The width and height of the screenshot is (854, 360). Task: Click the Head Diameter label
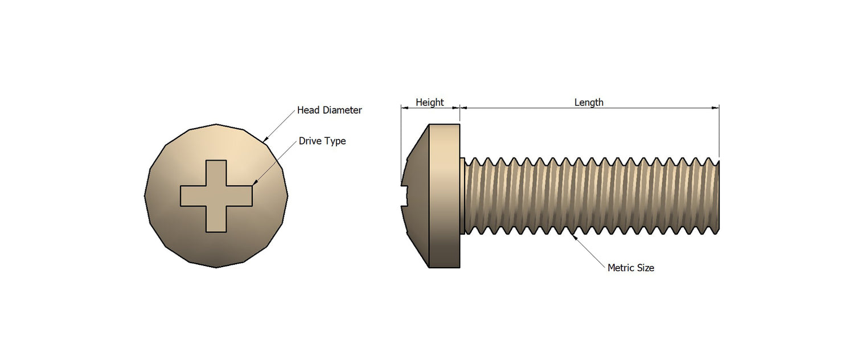(x=329, y=110)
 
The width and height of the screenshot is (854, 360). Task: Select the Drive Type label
(x=322, y=141)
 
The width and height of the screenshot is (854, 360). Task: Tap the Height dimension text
(x=429, y=103)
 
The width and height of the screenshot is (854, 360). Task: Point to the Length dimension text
(x=589, y=103)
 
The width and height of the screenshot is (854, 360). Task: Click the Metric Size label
(x=631, y=268)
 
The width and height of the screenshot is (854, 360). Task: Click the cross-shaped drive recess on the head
(x=216, y=195)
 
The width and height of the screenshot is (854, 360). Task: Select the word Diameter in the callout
(x=342, y=110)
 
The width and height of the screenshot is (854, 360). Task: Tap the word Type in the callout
(x=335, y=141)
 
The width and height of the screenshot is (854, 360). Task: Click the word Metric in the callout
(x=620, y=268)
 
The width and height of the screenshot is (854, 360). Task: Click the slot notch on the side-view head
(x=406, y=194)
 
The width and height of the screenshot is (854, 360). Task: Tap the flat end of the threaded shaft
(x=718, y=195)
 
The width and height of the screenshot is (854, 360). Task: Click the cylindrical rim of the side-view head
(x=444, y=195)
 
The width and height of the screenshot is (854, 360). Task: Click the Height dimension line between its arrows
(x=430, y=107)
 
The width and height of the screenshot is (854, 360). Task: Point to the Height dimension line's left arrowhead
(x=404, y=107)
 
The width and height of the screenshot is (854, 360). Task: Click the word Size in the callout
(x=645, y=268)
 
